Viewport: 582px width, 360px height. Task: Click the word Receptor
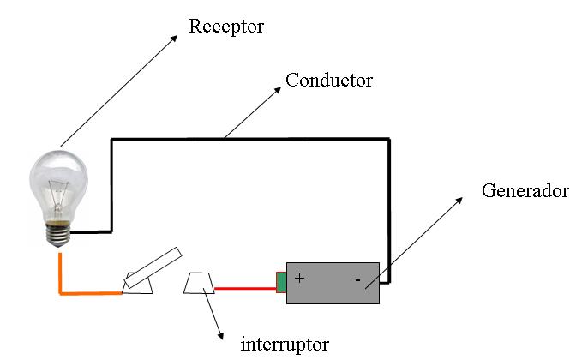[x=226, y=27]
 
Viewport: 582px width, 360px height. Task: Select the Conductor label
[x=329, y=81]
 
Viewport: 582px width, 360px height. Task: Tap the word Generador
[x=525, y=191]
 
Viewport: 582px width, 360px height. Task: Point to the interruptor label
[x=285, y=345]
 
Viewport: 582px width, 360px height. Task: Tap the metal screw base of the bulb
[x=58, y=231]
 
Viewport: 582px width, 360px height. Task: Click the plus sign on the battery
[x=300, y=279]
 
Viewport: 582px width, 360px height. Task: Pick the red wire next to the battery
[x=244, y=289]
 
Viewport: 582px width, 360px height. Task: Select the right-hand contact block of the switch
[x=200, y=284]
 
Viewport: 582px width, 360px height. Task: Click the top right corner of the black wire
[x=389, y=138]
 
